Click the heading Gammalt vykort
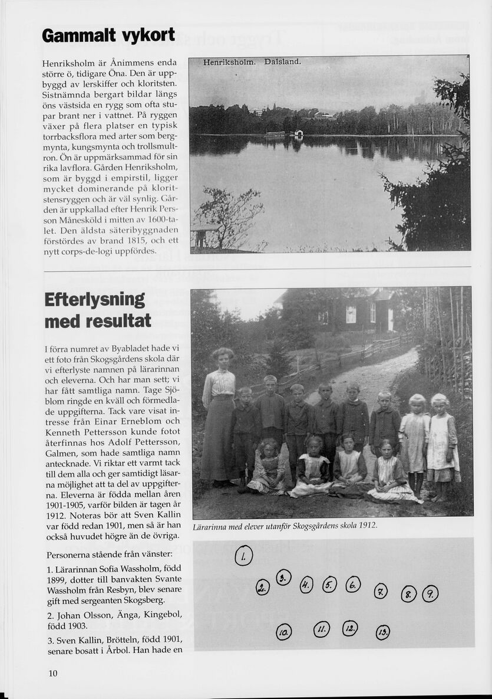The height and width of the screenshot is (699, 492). pyautogui.click(x=108, y=36)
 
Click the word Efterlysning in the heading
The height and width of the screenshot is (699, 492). pyautogui.click(x=95, y=299)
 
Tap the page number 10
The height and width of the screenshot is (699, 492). pyautogui.click(x=53, y=674)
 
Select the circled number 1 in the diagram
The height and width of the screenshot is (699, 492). pyautogui.click(x=243, y=556)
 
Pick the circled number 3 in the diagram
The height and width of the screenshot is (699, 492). pyautogui.click(x=284, y=577)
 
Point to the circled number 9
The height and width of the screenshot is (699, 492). pyautogui.click(x=430, y=593)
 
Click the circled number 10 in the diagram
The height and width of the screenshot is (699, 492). pyautogui.click(x=283, y=632)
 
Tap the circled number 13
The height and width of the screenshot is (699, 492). pyautogui.click(x=383, y=632)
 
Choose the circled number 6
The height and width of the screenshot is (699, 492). pyautogui.click(x=353, y=584)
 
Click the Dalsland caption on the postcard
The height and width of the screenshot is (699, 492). pyautogui.click(x=283, y=61)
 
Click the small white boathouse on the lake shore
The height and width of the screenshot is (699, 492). pyautogui.click(x=298, y=134)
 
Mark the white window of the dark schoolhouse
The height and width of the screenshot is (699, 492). pyautogui.click(x=351, y=314)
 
